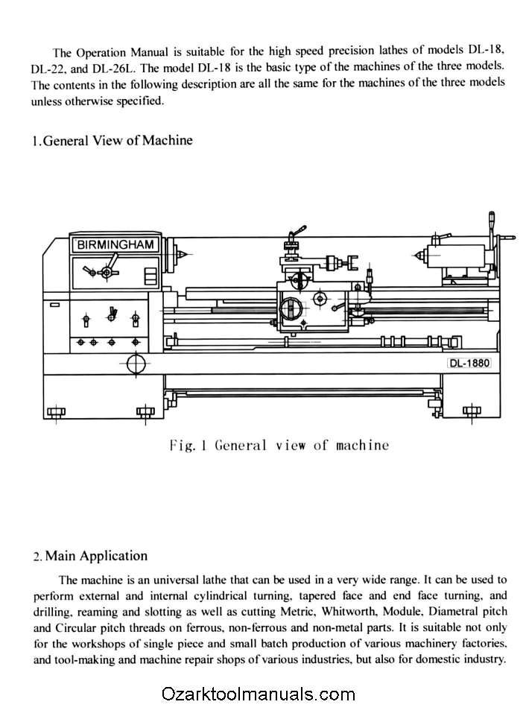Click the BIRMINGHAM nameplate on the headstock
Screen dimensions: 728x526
pos(115,244)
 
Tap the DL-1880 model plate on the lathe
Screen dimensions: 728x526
pos(468,363)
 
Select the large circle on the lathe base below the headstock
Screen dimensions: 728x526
pos(137,364)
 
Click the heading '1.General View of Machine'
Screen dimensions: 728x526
pos(113,140)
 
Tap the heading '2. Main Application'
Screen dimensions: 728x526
pos(90,556)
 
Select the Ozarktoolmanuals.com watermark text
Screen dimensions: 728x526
pos(258,694)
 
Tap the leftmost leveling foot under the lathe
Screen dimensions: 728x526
pos(56,411)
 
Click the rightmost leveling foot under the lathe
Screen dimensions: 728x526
pos(471,411)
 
